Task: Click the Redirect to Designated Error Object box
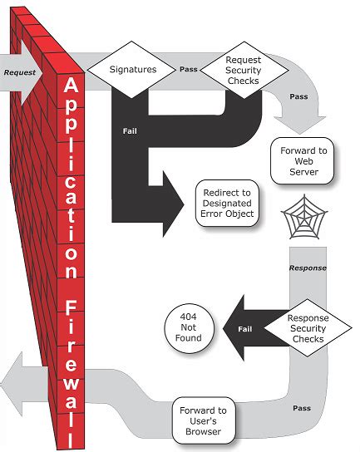pos(227,204)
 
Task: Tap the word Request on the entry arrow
pos(18,71)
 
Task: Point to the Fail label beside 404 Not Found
pos(245,328)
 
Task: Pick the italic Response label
pos(308,268)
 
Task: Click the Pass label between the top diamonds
pos(188,69)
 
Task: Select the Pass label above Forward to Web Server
pos(298,97)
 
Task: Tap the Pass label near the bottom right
pos(301,407)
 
